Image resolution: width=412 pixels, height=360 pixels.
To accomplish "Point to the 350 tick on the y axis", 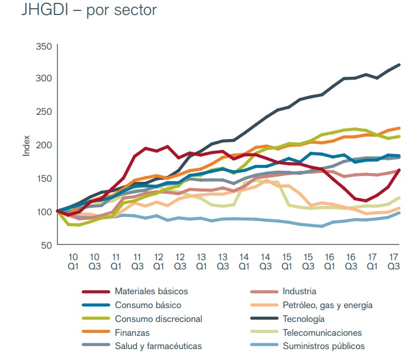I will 44,46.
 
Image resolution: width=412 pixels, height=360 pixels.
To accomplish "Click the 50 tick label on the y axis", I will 46,245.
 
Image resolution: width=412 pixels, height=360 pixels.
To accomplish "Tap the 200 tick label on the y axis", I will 44,145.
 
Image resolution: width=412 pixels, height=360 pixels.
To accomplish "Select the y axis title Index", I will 25,145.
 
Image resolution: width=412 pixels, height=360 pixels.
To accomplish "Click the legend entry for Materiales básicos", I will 151,291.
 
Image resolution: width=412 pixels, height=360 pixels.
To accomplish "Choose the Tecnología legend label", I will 304,319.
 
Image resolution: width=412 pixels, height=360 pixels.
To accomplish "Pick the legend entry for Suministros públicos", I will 324,347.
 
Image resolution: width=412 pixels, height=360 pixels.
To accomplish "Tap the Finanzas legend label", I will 132,333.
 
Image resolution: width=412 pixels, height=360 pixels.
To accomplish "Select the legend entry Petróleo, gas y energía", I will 328,305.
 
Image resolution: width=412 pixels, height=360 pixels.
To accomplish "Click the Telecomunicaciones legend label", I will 322,333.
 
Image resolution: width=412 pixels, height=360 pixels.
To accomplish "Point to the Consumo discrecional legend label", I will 158,319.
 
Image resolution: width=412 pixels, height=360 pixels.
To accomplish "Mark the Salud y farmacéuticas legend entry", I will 158,347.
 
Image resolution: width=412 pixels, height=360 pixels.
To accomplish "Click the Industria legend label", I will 300,291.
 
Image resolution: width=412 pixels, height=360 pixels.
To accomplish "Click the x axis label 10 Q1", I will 74,261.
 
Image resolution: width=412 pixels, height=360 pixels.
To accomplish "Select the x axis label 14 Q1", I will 244,261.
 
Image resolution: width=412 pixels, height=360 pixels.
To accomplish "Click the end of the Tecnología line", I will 399,64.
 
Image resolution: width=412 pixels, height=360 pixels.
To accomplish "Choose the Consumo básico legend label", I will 148,305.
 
